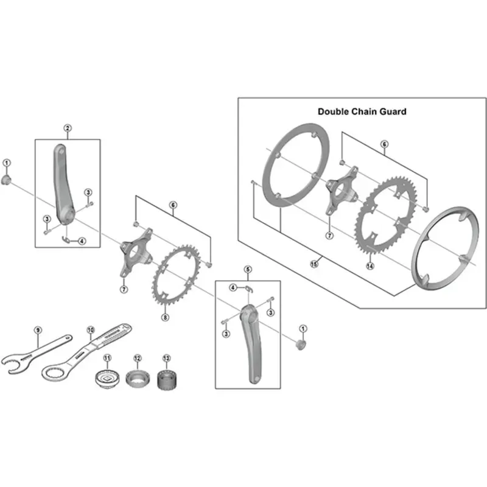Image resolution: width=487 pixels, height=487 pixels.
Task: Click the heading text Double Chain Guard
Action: tap(362, 111)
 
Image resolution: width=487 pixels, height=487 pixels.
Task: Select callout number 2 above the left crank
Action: tap(68, 128)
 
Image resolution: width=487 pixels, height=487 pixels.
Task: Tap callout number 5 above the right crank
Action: tap(247, 269)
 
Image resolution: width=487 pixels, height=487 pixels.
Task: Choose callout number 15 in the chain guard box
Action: tap(314, 264)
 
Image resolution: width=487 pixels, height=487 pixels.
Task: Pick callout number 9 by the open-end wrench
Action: tap(37, 330)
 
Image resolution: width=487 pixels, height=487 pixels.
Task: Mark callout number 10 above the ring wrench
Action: tap(91, 330)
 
